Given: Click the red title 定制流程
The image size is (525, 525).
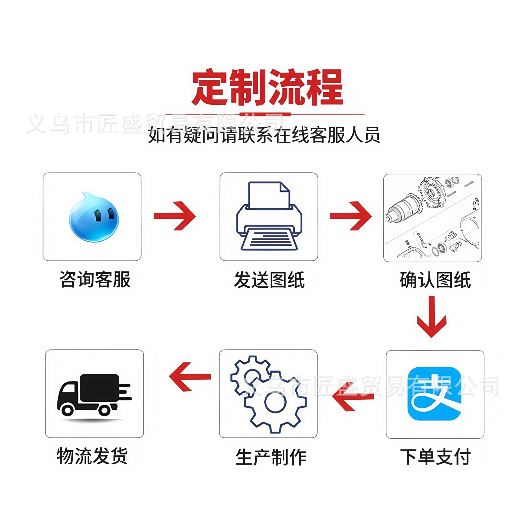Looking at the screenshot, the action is click(267, 87).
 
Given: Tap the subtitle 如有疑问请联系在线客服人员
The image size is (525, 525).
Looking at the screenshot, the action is click(264, 135).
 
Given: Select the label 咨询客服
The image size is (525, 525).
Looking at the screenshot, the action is click(95, 279).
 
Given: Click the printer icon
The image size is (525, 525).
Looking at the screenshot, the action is click(269, 216).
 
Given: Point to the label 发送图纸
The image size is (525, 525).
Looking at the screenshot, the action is click(269, 280).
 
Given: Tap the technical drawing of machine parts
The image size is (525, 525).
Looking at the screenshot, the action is click(432, 218).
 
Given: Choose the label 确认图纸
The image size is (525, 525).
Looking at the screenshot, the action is click(435, 280).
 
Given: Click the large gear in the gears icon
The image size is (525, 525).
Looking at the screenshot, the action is click(275, 402).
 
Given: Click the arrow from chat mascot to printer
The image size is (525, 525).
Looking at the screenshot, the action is click(175, 216).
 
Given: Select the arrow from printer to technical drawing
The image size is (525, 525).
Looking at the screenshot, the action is click(351, 216).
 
